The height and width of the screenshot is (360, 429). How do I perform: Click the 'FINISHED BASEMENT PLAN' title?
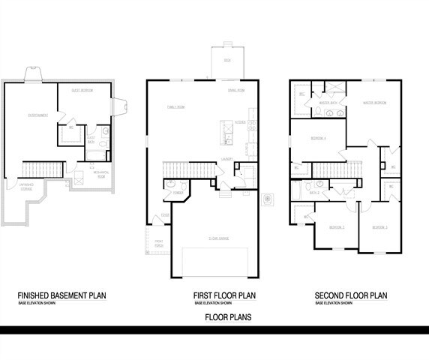(61, 296)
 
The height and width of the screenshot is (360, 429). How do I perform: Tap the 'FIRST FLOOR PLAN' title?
(223, 296)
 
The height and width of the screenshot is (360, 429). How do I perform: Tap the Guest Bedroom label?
(82, 90)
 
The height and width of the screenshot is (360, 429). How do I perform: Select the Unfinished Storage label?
(25, 186)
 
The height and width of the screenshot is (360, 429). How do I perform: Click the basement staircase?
(42, 169)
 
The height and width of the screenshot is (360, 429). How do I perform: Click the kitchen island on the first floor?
(225, 132)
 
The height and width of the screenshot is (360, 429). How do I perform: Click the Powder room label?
(178, 193)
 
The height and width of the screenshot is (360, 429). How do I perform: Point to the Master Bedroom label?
(374, 103)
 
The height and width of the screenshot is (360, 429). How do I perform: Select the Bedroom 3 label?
(379, 226)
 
